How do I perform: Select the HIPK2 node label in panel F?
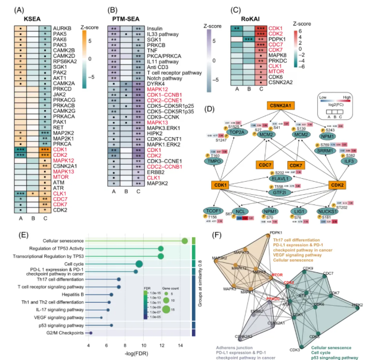[x=357, y=305]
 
